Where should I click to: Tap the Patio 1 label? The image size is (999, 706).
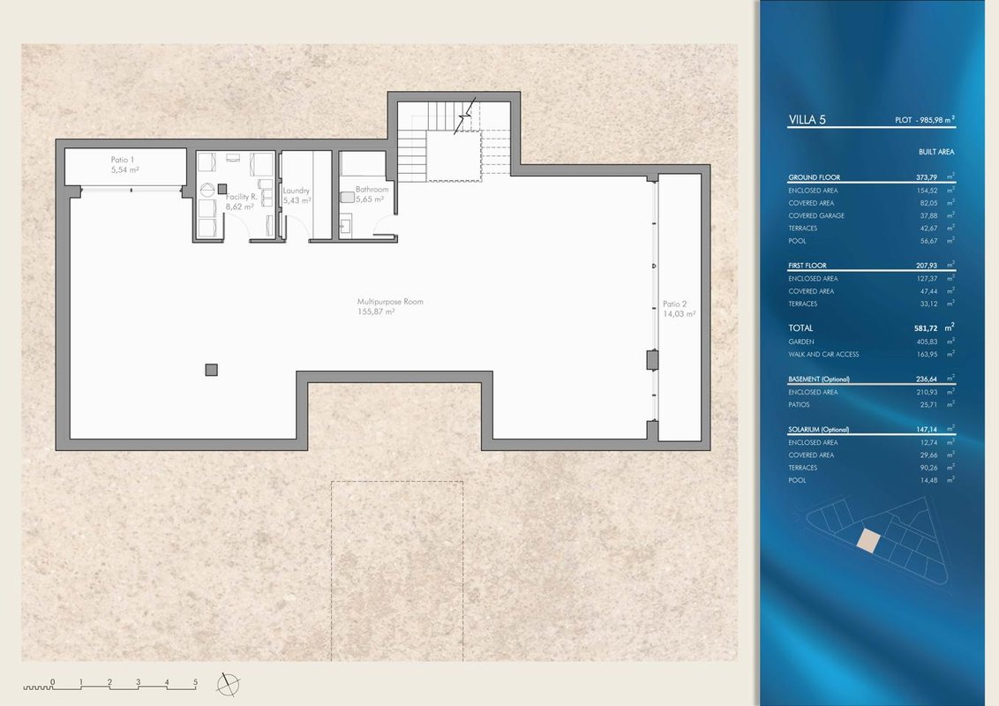(x=123, y=160)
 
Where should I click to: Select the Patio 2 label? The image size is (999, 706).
(x=675, y=304)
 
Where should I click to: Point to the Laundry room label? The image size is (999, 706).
(x=297, y=191)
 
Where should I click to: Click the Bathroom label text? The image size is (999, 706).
(x=372, y=189)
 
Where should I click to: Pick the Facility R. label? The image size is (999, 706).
(x=242, y=197)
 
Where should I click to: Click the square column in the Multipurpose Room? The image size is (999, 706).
(x=212, y=370)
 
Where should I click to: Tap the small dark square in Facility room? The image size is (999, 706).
(x=222, y=189)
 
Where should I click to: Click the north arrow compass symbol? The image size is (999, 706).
(x=228, y=685)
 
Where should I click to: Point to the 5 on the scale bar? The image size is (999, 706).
(x=196, y=682)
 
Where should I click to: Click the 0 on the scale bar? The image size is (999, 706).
(x=52, y=682)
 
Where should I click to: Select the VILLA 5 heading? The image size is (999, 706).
(x=807, y=120)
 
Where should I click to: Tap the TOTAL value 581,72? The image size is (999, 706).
(x=925, y=328)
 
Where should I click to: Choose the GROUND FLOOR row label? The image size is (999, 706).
(x=815, y=177)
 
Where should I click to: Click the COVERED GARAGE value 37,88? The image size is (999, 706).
(x=929, y=215)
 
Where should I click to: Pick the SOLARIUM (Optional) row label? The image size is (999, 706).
(x=819, y=430)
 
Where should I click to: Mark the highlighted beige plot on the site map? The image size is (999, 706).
(x=868, y=540)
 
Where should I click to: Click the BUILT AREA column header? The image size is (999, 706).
(x=936, y=152)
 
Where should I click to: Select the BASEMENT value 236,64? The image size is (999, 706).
(x=927, y=379)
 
